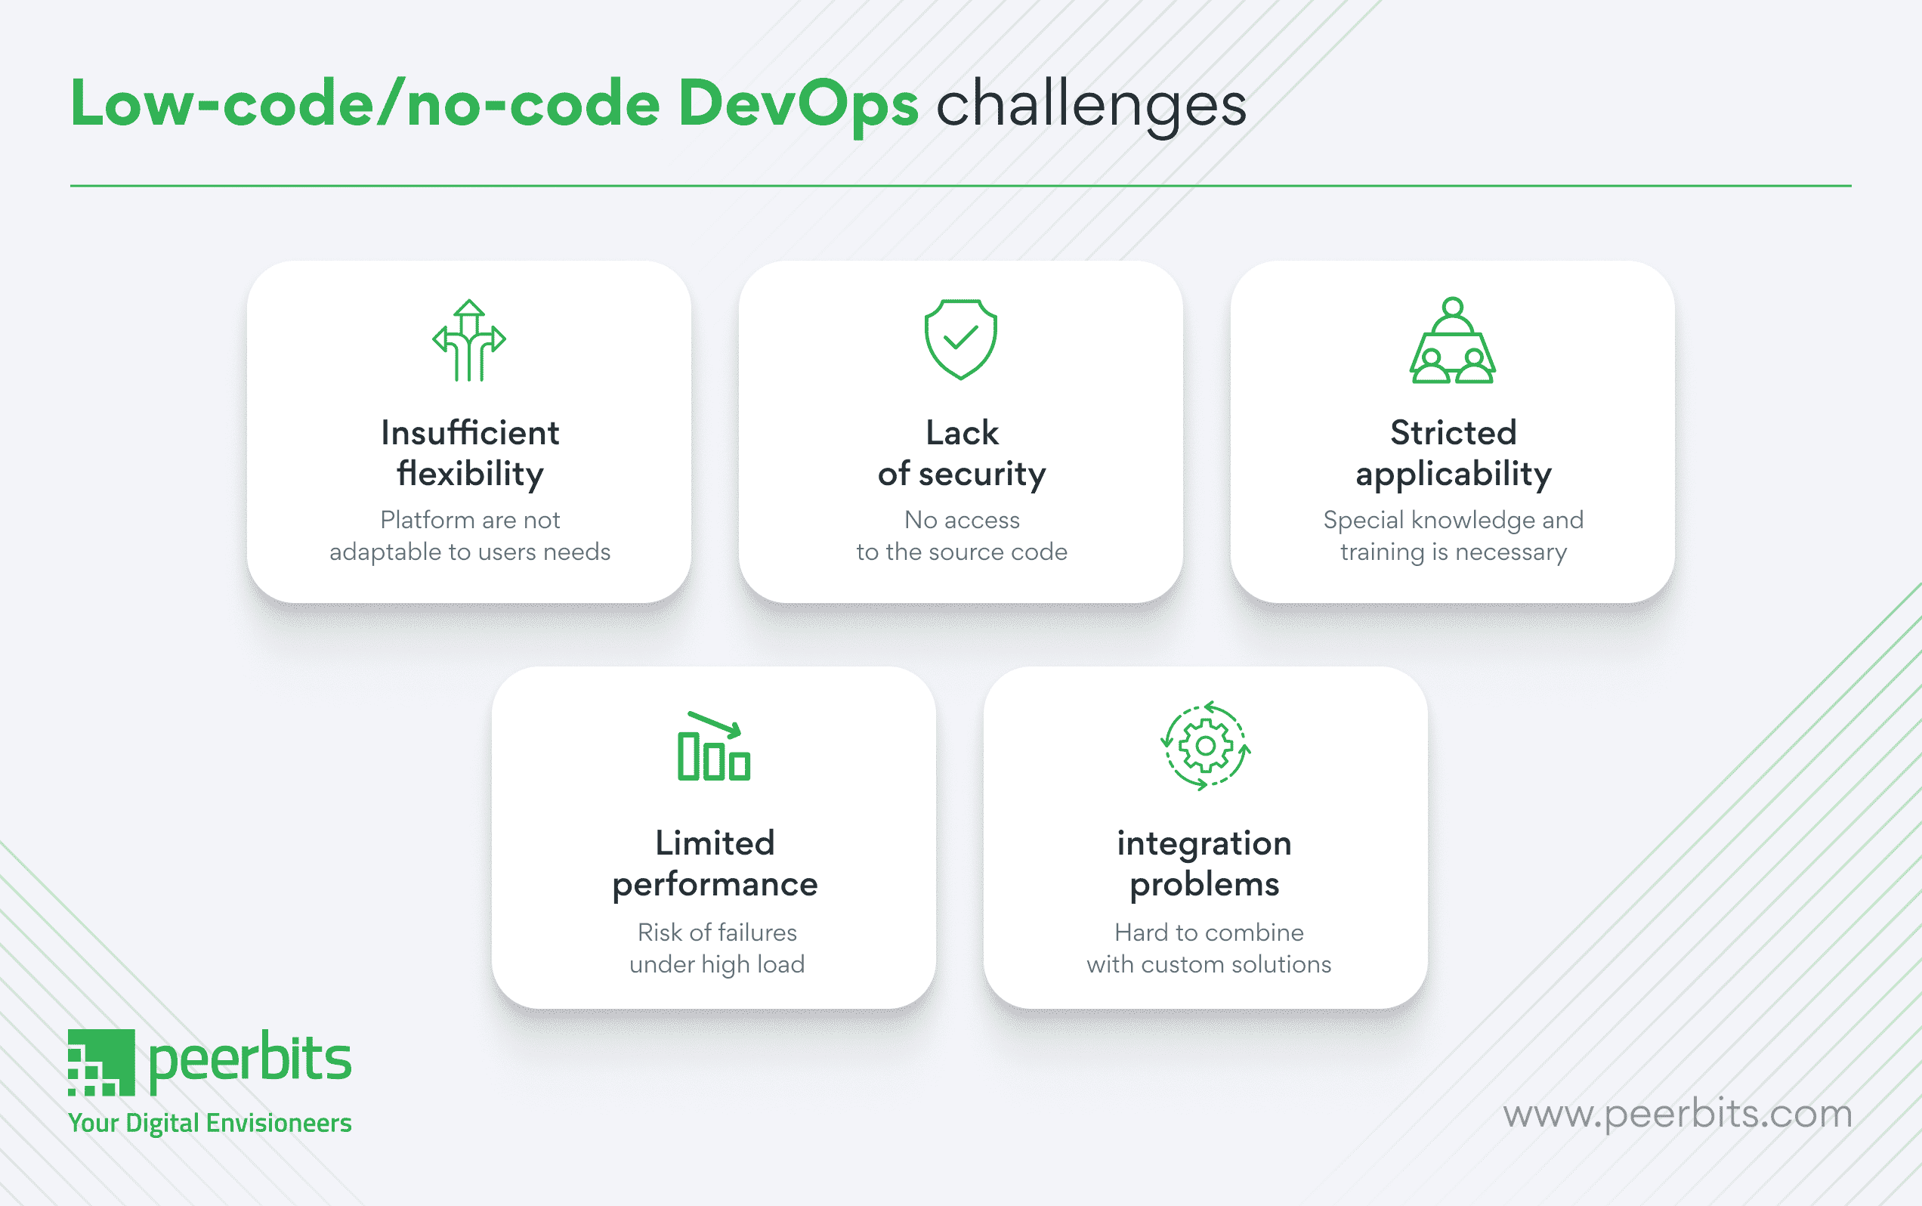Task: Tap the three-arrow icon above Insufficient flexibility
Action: [469, 341]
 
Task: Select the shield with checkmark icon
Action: [960, 339]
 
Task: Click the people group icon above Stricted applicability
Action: [1452, 341]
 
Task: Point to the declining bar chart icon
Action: [714, 746]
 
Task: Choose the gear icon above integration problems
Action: [1205, 746]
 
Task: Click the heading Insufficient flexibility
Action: [470, 453]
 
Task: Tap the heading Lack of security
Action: [961, 453]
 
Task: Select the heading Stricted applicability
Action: [1453, 453]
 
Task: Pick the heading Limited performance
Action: [715, 864]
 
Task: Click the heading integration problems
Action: [1204, 864]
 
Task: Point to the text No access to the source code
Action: [961, 535]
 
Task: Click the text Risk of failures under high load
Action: [717, 948]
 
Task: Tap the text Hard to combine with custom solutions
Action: [1209, 948]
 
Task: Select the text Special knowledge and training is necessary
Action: [1453, 536]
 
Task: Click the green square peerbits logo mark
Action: [101, 1062]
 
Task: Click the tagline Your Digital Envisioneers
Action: [210, 1123]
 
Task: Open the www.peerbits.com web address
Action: [1677, 1115]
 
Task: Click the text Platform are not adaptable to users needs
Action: [470, 535]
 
